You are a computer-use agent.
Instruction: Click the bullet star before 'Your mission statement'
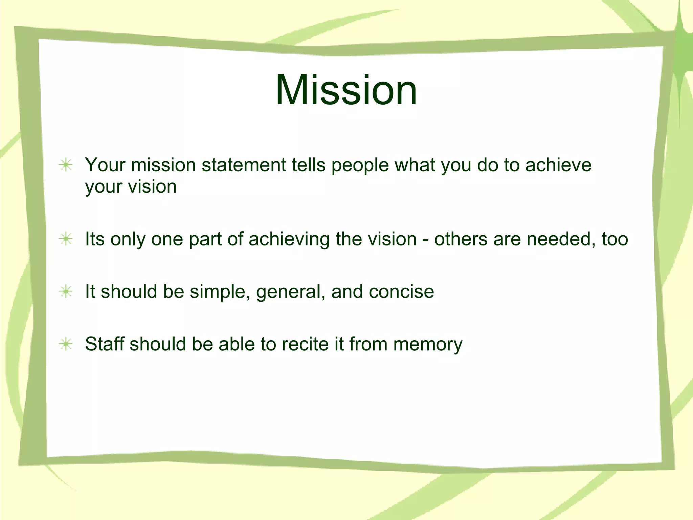(x=66, y=165)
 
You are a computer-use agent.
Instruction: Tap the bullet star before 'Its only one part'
(x=66, y=239)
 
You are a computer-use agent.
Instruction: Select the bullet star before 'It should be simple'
(x=66, y=291)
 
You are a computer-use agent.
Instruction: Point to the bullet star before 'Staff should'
(x=66, y=344)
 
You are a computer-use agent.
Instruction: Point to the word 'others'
(x=461, y=239)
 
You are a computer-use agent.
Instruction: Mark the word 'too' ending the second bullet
(x=615, y=239)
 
